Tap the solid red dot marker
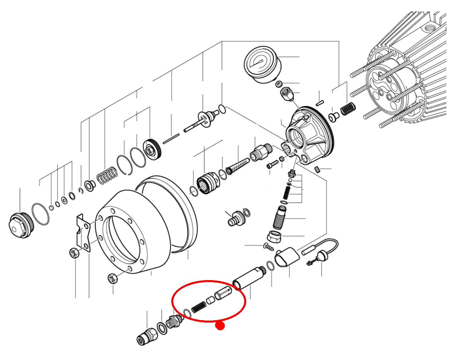pyautogui.click(x=220, y=325)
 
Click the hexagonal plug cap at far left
pyautogui.click(x=20, y=225)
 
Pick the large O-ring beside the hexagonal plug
pyautogui.click(x=40, y=214)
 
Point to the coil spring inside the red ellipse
pyautogui.click(x=199, y=306)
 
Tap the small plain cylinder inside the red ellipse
pyautogui.click(x=210, y=300)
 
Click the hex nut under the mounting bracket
pyautogui.click(x=74, y=252)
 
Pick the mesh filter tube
pyautogui.click(x=238, y=165)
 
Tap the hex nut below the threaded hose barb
pyautogui.click(x=274, y=237)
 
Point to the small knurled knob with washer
pyautogui.click(x=236, y=219)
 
